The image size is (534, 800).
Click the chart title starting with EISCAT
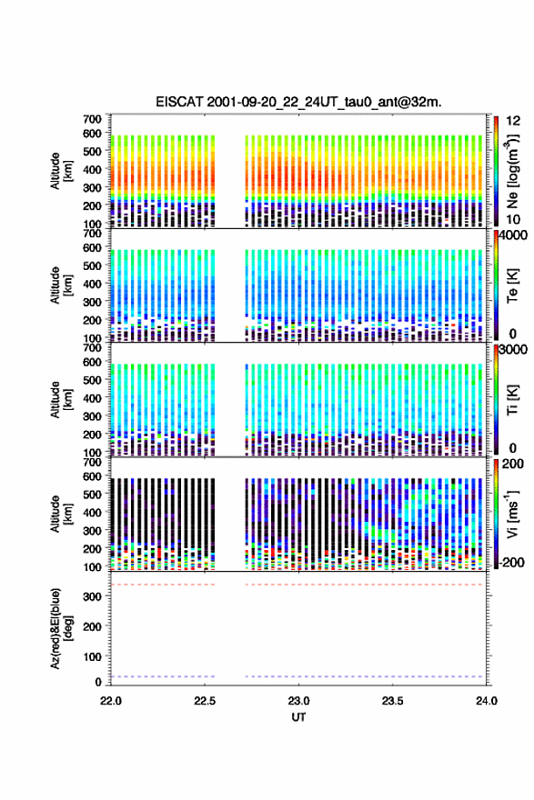point(298,102)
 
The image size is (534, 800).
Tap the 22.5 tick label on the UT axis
point(205,701)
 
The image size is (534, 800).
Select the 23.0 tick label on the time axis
point(298,701)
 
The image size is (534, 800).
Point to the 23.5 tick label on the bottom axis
point(393,701)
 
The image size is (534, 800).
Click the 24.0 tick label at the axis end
point(487,701)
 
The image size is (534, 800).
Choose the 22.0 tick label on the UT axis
point(111,701)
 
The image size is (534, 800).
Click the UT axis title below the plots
point(298,717)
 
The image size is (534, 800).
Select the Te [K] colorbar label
point(512,285)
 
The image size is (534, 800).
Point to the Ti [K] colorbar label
point(512,400)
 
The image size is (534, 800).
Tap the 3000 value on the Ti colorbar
point(514,349)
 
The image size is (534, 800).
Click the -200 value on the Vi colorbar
point(512,563)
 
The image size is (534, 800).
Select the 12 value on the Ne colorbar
point(513,121)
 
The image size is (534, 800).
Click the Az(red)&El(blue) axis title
point(59,628)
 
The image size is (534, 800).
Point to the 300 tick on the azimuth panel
point(93,596)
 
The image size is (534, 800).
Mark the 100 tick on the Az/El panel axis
point(93,657)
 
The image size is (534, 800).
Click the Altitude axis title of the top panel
point(61,171)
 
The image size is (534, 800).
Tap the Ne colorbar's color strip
point(496,171)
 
